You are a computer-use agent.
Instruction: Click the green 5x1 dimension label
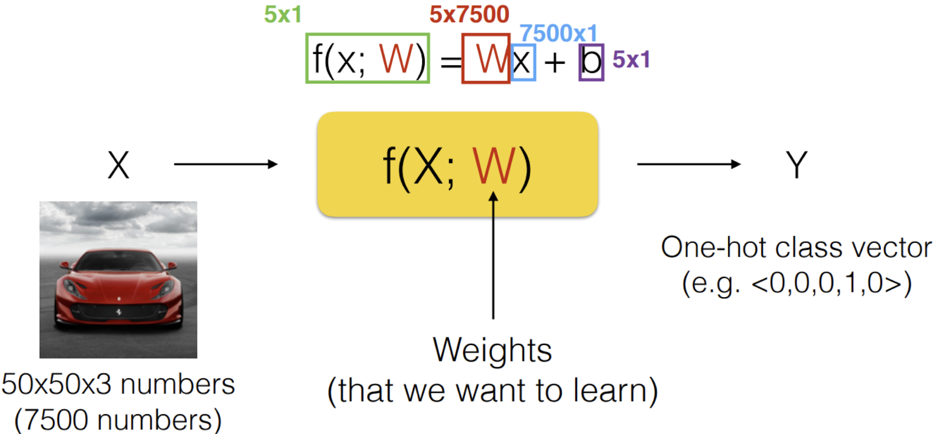click(282, 14)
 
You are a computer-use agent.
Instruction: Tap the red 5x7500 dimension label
click(469, 14)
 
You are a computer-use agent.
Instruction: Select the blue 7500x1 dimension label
click(558, 34)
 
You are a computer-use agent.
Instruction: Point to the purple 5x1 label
click(631, 60)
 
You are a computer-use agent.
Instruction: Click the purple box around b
click(591, 62)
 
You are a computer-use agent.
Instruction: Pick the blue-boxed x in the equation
click(522, 63)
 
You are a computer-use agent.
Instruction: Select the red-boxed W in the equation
click(486, 59)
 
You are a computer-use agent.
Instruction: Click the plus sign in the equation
click(555, 63)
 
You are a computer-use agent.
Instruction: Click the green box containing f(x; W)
click(367, 58)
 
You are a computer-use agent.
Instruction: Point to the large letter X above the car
click(118, 165)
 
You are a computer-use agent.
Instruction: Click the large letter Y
click(796, 165)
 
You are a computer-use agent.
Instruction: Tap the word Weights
click(492, 350)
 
